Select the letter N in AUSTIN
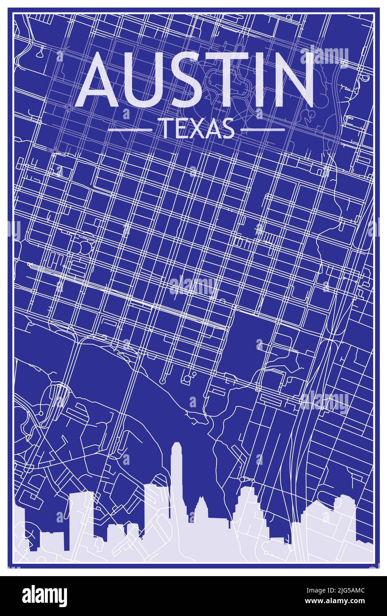click(291, 80)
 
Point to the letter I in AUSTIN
click(257, 80)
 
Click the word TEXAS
click(197, 129)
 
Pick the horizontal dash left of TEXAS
click(130, 130)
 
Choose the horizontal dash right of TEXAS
click(263, 130)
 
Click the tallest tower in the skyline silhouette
click(177, 479)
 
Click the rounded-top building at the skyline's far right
click(344, 514)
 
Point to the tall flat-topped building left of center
click(156, 510)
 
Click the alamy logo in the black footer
click(44, 596)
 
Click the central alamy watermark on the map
click(193, 286)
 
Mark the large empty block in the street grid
click(249, 341)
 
